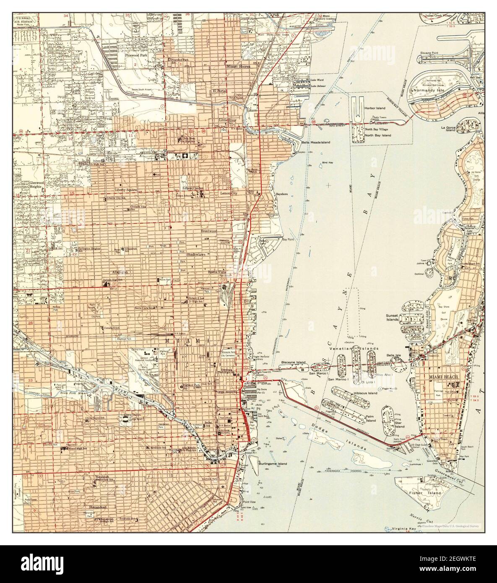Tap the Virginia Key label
click(401, 529)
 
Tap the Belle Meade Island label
click(315, 143)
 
